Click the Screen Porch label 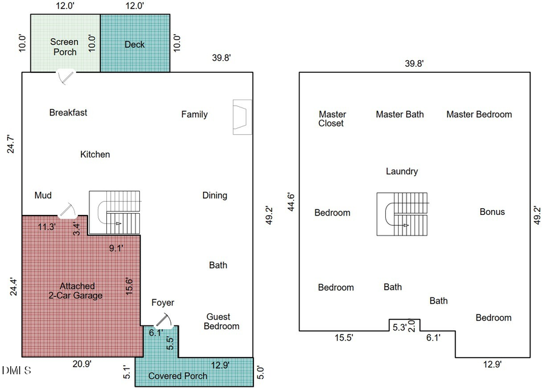pyautogui.click(x=64, y=47)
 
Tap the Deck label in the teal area pyautogui.click(x=135, y=44)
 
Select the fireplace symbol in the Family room pyautogui.click(x=242, y=117)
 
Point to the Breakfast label pyautogui.click(x=68, y=112)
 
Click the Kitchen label pyautogui.click(x=95, y=154)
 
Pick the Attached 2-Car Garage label pyautogui.click(x=76, y=291)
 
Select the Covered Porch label pyautogui.click(x=177, y=376)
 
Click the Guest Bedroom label pyautogui.click(x=221, y=321)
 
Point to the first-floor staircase pyautogui.click(x=115, y=213)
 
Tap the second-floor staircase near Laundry pyautogui.click(x=402, y=214)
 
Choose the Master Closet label pyautogui.click(x=332, y=119)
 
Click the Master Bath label pyautogui.click(x=400, y=114)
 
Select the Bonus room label pyautogui.click(x=492, y=212)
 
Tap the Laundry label pyautogui.click(x=402, y=171)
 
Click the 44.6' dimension pyautogui.click(x=291, y=202)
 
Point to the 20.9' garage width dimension pyautogui.click(x=82, y=364)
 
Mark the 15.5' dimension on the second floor pyautogui.click(x=344, y=338)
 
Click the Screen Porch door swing pyautogui.click(x=66, y=78)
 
